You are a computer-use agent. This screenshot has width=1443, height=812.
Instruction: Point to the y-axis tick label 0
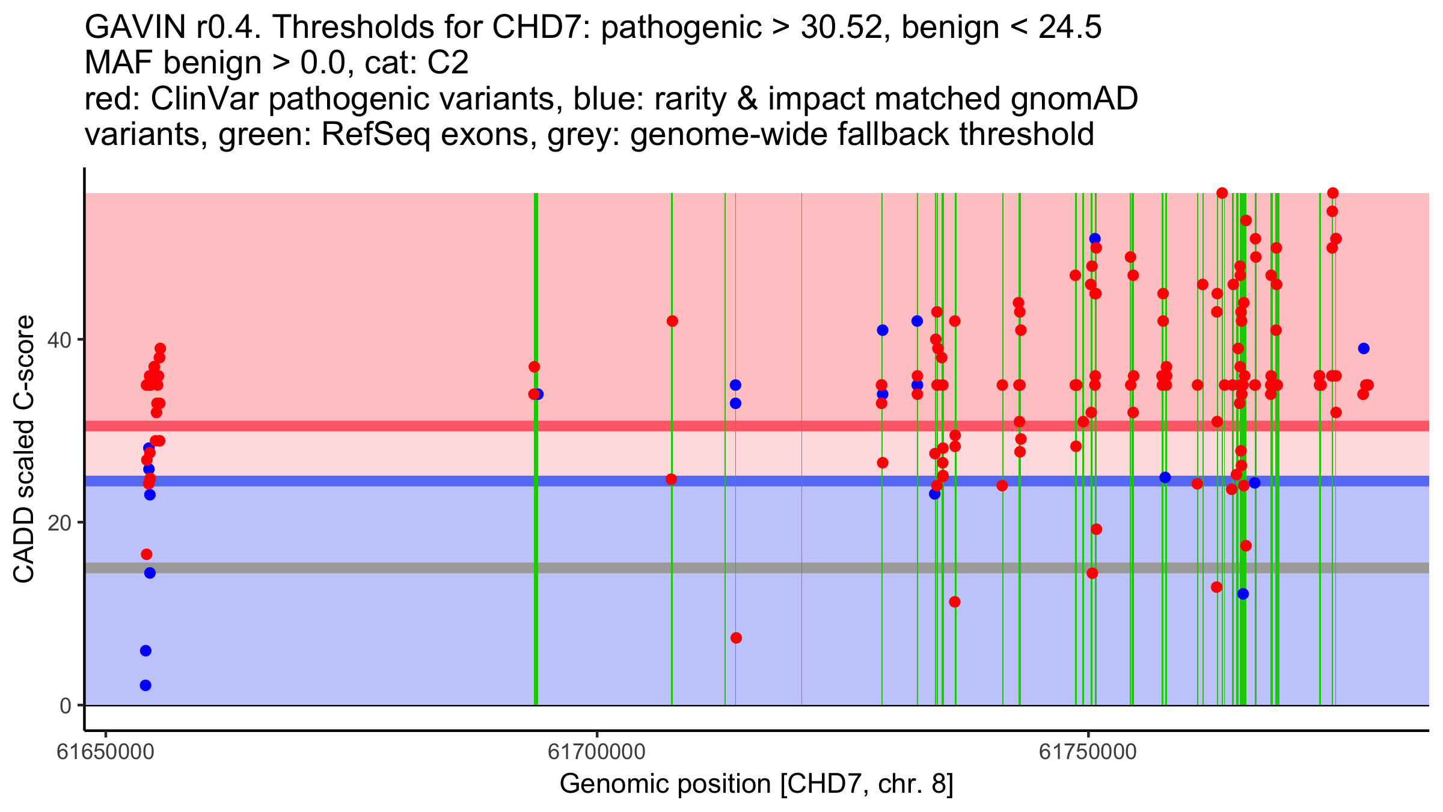coord(66,706)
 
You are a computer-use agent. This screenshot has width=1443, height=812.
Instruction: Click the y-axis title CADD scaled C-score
coord(24,449)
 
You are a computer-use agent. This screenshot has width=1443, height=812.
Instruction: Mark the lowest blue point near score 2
coord(146,685)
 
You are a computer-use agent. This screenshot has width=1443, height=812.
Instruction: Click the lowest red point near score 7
coord(736,638)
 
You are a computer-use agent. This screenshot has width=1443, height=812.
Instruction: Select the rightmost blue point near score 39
coord(1364,349)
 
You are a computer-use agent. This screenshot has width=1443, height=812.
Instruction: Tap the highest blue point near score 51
coord(1095,239)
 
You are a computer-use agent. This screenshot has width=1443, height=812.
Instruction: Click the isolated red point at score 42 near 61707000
coord(672,321)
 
